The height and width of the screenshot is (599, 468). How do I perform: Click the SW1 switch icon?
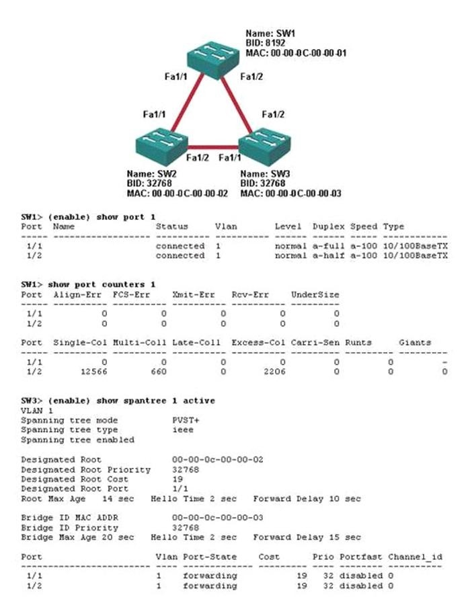coord(213,60)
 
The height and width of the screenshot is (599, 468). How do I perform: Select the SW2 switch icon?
coord(161,147)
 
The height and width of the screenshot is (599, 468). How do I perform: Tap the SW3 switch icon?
coord(264,147)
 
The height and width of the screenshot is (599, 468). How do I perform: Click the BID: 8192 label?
coord(265,43)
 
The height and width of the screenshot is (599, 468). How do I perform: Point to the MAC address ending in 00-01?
coord(296,52)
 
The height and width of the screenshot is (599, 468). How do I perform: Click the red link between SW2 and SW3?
coord(213,147)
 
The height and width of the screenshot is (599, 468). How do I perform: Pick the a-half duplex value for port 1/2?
coord(328,255)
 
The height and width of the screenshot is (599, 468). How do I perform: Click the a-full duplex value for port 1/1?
coord(328,246)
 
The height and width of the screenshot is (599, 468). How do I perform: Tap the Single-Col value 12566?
coord(94,372)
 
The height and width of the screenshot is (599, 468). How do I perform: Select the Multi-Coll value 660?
coord(158,372)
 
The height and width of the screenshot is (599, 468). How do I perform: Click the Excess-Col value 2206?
coord(275,372)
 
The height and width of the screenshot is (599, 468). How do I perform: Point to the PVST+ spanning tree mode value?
coord(186,420)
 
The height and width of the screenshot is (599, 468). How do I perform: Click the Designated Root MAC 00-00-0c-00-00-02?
coord(218,460)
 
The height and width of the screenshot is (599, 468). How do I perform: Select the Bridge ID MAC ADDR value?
coord(218,518)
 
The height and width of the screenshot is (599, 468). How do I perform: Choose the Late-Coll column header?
coord(196,343)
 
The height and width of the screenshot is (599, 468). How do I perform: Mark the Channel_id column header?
coord(416,557)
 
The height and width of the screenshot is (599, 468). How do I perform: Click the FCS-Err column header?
coord(131,294)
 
